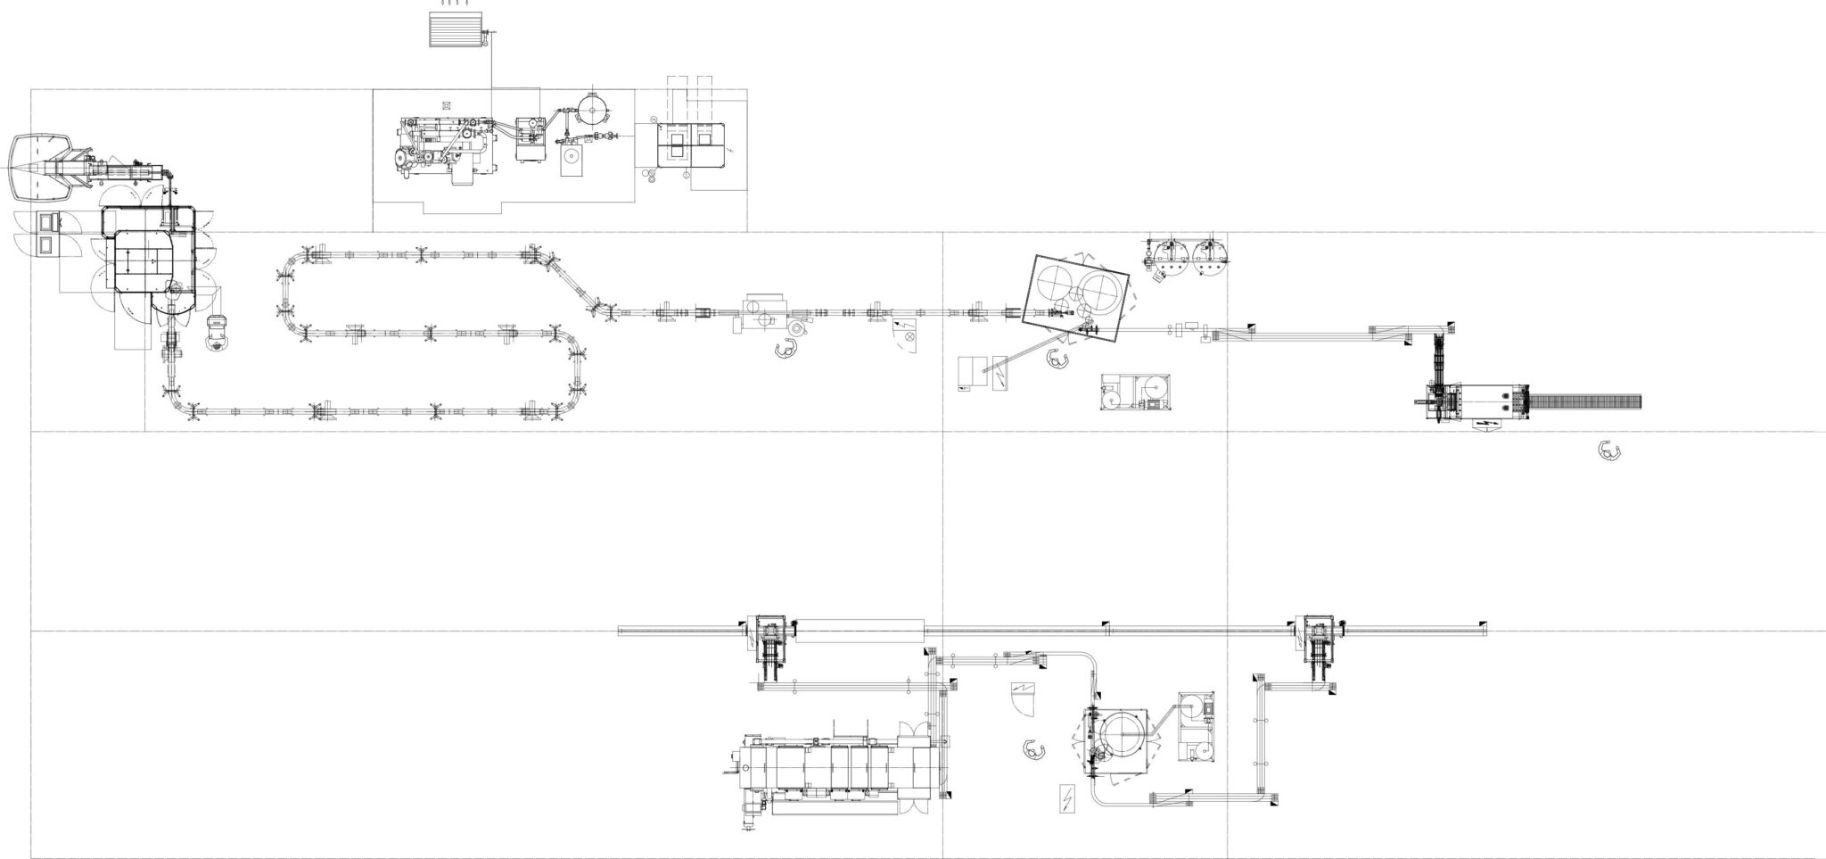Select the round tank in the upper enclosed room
click(590, 111)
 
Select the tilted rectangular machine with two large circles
click(1076, 297)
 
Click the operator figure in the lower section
click(1032, 750)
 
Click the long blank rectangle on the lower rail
click(860, 631)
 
